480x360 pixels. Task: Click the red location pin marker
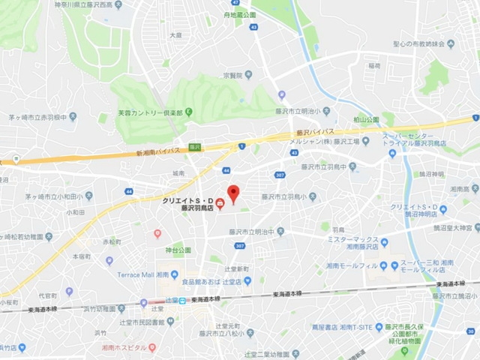232,194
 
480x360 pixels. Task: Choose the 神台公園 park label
178,250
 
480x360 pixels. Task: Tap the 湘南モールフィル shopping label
349,267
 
